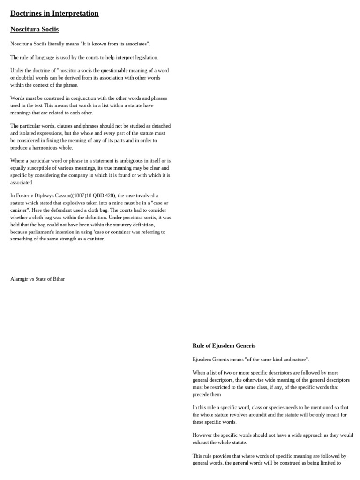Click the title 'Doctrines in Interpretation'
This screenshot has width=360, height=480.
coord(54,14)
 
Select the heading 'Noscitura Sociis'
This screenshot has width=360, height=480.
coord(35,30)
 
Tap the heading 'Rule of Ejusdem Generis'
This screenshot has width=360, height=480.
coord(224,346)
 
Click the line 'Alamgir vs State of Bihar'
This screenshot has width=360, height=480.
coord(37,279)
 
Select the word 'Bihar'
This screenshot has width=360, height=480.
coord(58,279)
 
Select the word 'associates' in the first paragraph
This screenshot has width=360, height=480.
coord(136,44)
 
